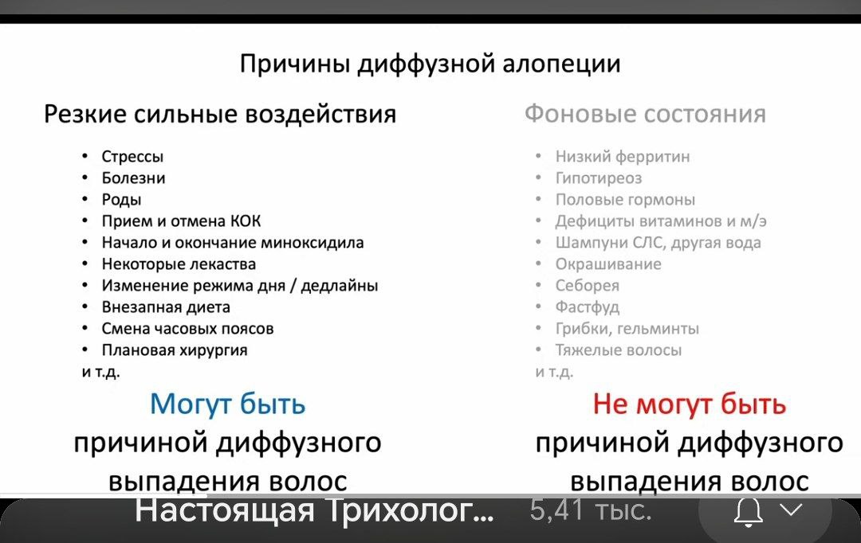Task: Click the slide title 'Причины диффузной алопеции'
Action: (x=430, y=64)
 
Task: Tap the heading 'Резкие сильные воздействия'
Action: (x=220, y=114)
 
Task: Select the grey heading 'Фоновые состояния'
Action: (x=645, y=114)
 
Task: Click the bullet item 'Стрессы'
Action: (x=132, y=157)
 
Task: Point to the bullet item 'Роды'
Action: (x=121, y=200)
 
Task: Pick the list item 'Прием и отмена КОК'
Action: (x=181, y=221)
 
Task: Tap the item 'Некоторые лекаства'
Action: (x=179, y=264)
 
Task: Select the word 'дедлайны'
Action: (x=340, y=286)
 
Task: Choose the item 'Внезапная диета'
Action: (x=166, y=307)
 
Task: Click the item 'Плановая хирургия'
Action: (x=175, y=350)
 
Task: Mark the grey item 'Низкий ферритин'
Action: (x=623, y=157)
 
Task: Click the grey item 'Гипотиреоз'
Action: (x=599, y=178)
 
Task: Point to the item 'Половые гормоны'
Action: (x=626, y=200)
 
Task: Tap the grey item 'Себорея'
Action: (x=588, y=286)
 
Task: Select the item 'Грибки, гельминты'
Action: (x=627, y=329)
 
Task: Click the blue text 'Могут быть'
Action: (x=227, y=404)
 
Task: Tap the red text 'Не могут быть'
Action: (x=689, y=404)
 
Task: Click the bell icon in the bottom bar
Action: (x=749, y=512)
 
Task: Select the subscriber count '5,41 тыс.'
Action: (x=591, y=510)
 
